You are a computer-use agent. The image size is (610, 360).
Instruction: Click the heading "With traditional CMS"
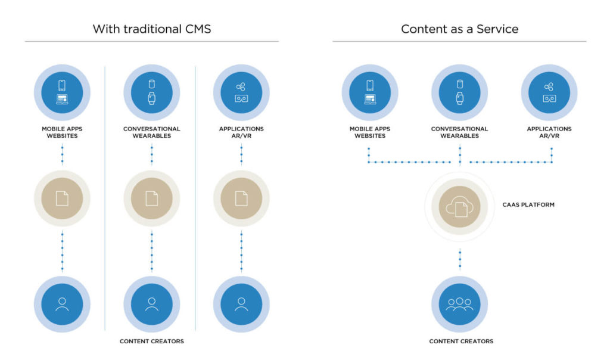click(151, 29)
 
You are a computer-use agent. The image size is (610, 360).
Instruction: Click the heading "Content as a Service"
click(459, 29)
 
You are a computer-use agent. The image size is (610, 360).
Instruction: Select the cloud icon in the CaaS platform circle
click(459, 206)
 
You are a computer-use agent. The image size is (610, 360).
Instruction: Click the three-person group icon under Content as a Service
click(459, 304)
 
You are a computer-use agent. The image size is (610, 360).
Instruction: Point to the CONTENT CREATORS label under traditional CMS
click(151, 341)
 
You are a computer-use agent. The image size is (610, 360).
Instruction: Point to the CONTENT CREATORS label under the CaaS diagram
click(460, 341)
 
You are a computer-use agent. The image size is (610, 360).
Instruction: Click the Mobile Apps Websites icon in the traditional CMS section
click(62, 92)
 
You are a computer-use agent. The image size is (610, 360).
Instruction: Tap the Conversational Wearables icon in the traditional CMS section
click(151, 92)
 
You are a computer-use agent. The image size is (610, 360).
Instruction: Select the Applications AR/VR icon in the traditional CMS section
click(241, 92)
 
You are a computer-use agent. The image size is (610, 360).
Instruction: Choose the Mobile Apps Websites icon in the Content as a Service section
click(369, 92)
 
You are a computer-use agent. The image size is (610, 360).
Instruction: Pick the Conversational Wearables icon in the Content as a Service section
click(459, 92)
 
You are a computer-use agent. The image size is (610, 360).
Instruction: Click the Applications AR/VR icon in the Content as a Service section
click(549, 92)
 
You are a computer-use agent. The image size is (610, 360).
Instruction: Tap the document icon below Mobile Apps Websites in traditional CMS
click(62, 198)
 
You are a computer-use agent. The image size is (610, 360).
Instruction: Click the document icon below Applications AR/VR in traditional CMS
click(241, 198)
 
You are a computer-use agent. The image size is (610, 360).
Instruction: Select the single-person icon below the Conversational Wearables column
click(151, 304)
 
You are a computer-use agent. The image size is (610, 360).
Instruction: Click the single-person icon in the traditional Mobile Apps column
click(62, 304)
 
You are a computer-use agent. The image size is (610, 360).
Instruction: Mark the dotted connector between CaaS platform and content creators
click(459, 259)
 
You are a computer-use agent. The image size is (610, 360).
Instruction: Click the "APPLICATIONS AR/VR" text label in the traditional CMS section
click(241, 132)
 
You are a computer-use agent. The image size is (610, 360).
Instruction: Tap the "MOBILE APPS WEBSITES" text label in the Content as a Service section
click(369, 132)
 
